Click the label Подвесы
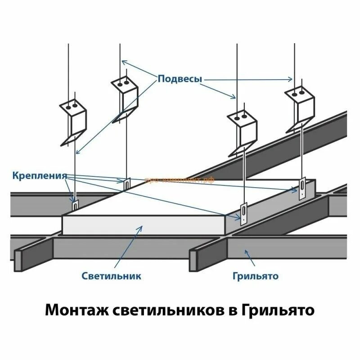[x=180, y=79]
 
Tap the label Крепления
[x=40, y=175]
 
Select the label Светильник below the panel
[x=112, y=275]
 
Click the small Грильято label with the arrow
[x=256, y=275]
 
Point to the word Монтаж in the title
[x=77, y=310]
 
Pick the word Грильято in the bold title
[x=278, y=310]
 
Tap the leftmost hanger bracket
[x=73, y=122]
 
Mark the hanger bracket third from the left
[x=242, y=130]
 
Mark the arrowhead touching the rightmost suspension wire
[x=291, y=80]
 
